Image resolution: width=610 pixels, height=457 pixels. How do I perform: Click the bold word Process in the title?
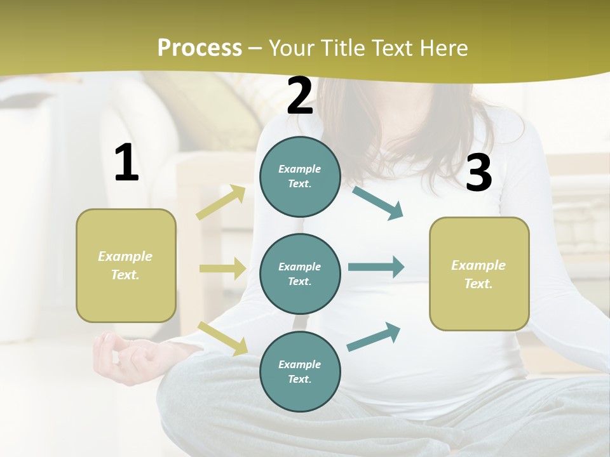200,48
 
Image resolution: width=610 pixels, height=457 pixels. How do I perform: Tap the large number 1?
126,163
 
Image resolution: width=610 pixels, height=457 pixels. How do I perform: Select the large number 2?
300,96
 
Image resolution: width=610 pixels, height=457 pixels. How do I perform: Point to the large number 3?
478,173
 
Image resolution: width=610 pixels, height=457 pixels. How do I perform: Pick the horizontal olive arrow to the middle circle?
222,268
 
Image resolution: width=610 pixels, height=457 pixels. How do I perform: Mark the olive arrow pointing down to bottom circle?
222,338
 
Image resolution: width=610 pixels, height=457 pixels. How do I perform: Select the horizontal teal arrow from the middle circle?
376,267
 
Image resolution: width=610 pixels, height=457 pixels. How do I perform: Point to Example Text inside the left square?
125,265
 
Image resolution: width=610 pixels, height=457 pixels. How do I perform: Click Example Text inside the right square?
478,274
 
